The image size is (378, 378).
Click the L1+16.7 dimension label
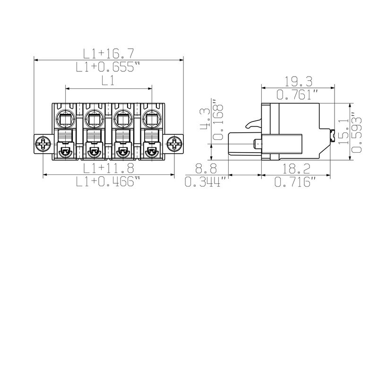coord(108,53)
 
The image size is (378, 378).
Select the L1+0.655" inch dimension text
coord(108,67)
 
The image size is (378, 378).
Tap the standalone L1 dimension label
coord(108,81)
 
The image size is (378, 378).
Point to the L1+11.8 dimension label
coord(109,168)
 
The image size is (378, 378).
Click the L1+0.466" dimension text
coord(109,182)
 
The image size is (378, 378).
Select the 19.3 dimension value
coord(298,81)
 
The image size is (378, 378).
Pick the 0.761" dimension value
coord(298,94)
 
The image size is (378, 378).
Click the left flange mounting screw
coord(43,144)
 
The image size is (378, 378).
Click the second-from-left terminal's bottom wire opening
coord(94,152)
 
